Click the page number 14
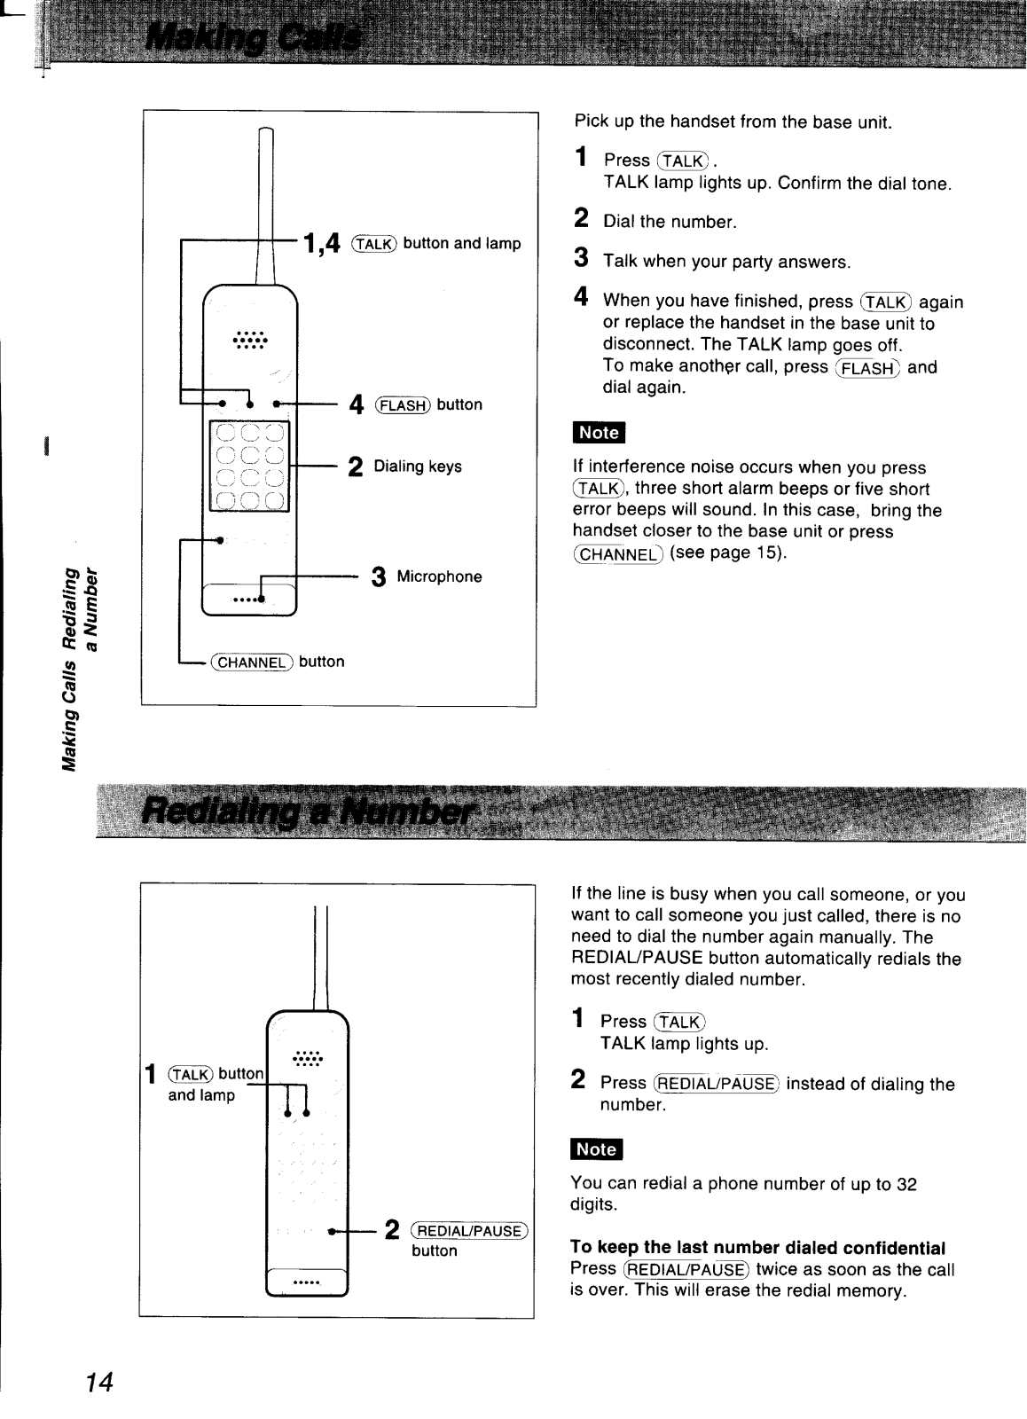(98, 1383)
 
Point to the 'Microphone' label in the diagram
(439, 576)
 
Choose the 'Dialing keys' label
(418, 466)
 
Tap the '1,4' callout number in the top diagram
(322, 242)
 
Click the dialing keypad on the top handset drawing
(249, 466)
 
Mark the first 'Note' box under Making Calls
(599, 432)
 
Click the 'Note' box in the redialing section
(597, 1149)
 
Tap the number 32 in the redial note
(905, 1184)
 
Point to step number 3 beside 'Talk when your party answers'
(581, 259)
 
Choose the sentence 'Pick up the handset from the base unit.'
(733, 122)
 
